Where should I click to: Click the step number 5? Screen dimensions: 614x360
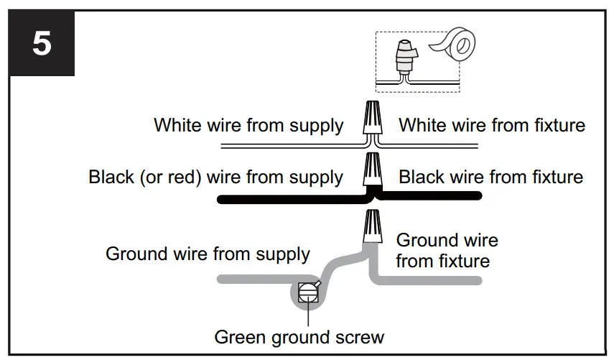(42, 43)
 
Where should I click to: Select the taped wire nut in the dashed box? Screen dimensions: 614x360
(404, 57)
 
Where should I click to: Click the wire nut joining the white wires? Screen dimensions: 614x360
(373, 118)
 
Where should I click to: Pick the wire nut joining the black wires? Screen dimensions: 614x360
(373, 169)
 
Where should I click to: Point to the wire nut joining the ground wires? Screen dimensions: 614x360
(373, 226)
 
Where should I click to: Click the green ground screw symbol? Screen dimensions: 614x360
(308, 292)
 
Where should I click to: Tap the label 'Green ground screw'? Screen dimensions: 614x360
(299, 337)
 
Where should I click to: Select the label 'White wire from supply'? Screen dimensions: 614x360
(248, 125)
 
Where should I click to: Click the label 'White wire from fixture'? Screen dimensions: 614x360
(492, 125)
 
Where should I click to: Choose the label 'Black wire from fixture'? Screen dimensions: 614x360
(491, 177)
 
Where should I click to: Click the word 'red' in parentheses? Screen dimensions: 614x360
(182, 177)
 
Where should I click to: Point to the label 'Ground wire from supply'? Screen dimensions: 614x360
(208, 254)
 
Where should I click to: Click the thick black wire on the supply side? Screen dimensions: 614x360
(294, 200)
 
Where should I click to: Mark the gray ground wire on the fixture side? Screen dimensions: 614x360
(427, 280)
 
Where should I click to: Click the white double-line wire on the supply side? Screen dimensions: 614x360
(294, 146)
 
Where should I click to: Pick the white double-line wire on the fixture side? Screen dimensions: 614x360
(429, 146)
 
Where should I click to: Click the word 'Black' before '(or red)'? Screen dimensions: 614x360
(111, 177)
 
